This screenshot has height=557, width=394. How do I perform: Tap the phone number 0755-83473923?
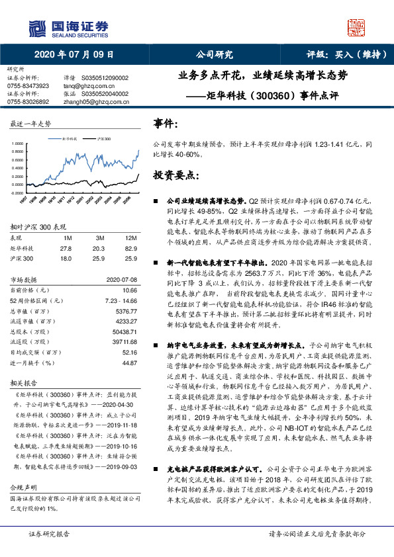click(x=28, y=86)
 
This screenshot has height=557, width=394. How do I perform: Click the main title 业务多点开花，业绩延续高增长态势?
click(x=263, y=75)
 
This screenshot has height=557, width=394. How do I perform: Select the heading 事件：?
click(x=165, y=124)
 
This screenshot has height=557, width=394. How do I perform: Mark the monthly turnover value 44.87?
click(x=129, y=363)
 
